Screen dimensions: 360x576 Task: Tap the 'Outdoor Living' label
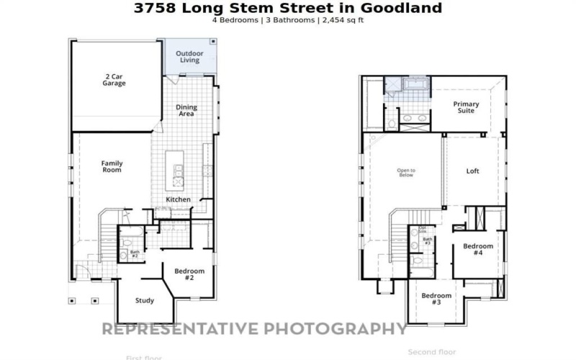point(189,56)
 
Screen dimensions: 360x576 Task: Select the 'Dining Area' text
point(186,110)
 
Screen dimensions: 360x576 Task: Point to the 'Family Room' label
point(112,166)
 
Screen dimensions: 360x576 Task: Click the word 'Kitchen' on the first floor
point(178,199)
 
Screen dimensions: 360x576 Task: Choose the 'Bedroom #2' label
point(189,274)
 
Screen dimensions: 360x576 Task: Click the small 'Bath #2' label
point(135,253)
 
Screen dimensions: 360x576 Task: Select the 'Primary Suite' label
point(466,108)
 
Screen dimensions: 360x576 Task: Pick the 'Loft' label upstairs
point(472,171)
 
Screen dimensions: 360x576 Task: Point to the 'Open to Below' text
point(407,173)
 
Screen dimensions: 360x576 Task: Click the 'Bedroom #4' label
point(477,250)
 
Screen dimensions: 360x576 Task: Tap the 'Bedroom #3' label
point(436,299)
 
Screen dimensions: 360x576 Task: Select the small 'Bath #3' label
point(427,240)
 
